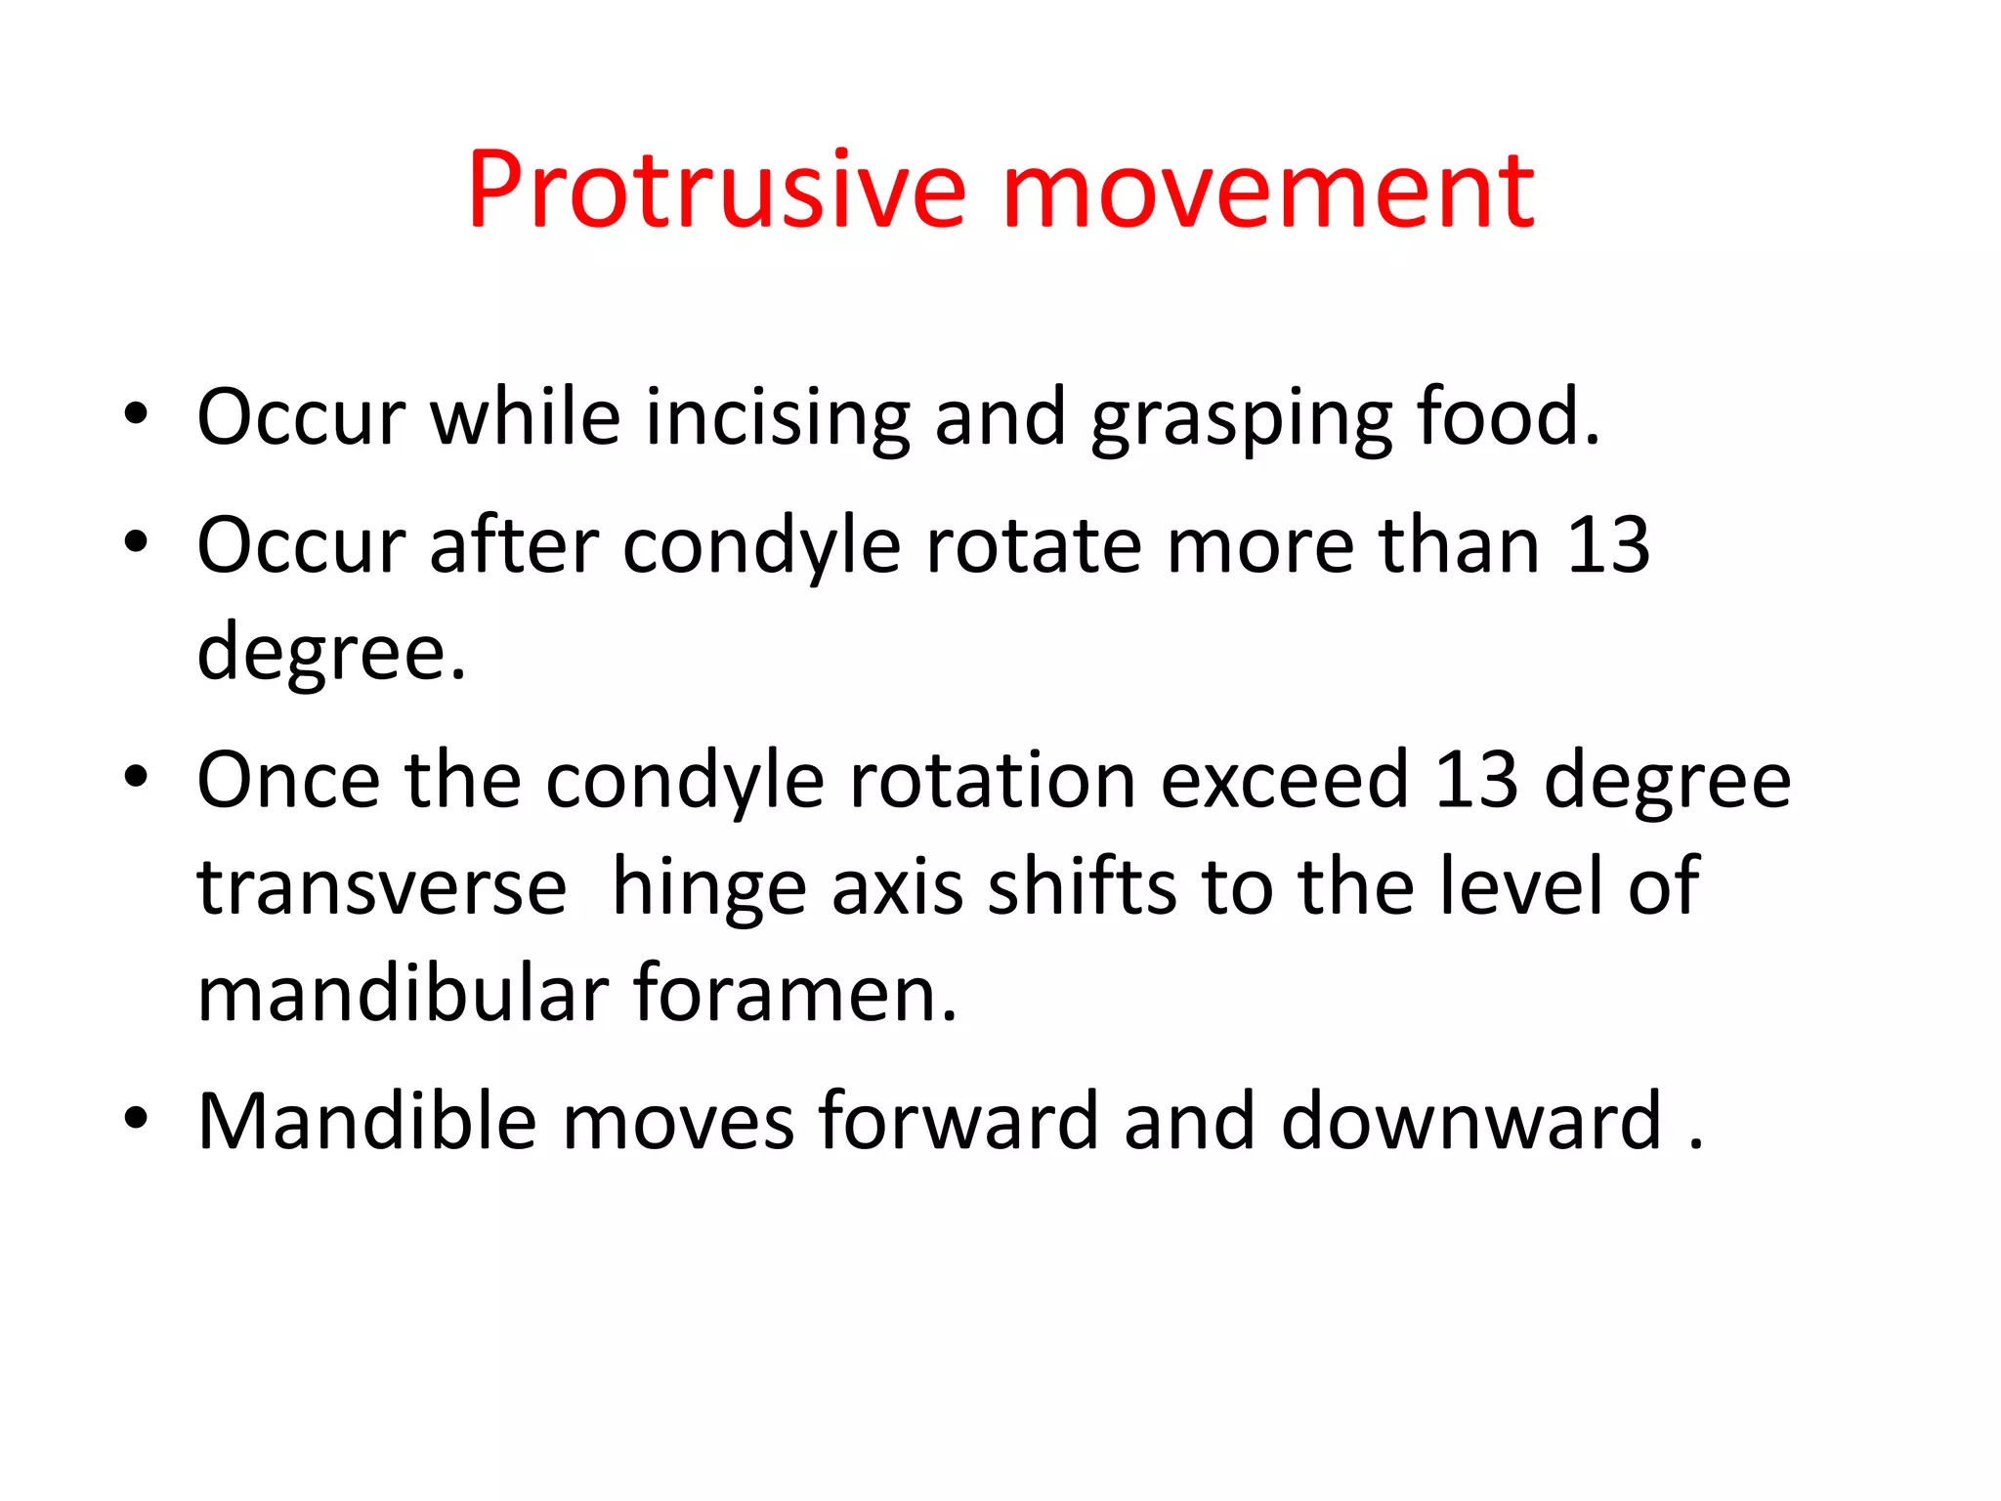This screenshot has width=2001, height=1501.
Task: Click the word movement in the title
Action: coord(1268,191)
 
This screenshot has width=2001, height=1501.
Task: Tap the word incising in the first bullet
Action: coord(777,418)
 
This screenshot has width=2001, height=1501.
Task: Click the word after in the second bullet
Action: coord(514,545)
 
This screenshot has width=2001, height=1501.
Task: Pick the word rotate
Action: coord(1033,545)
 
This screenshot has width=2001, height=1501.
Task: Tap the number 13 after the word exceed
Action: coord(1476,780)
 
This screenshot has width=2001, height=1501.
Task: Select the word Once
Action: coord(288,780)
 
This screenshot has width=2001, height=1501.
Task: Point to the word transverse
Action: coord(382,887)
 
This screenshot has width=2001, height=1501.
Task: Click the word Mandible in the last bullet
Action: coord(367,1121)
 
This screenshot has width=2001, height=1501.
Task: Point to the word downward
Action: coord(1471,1121)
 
